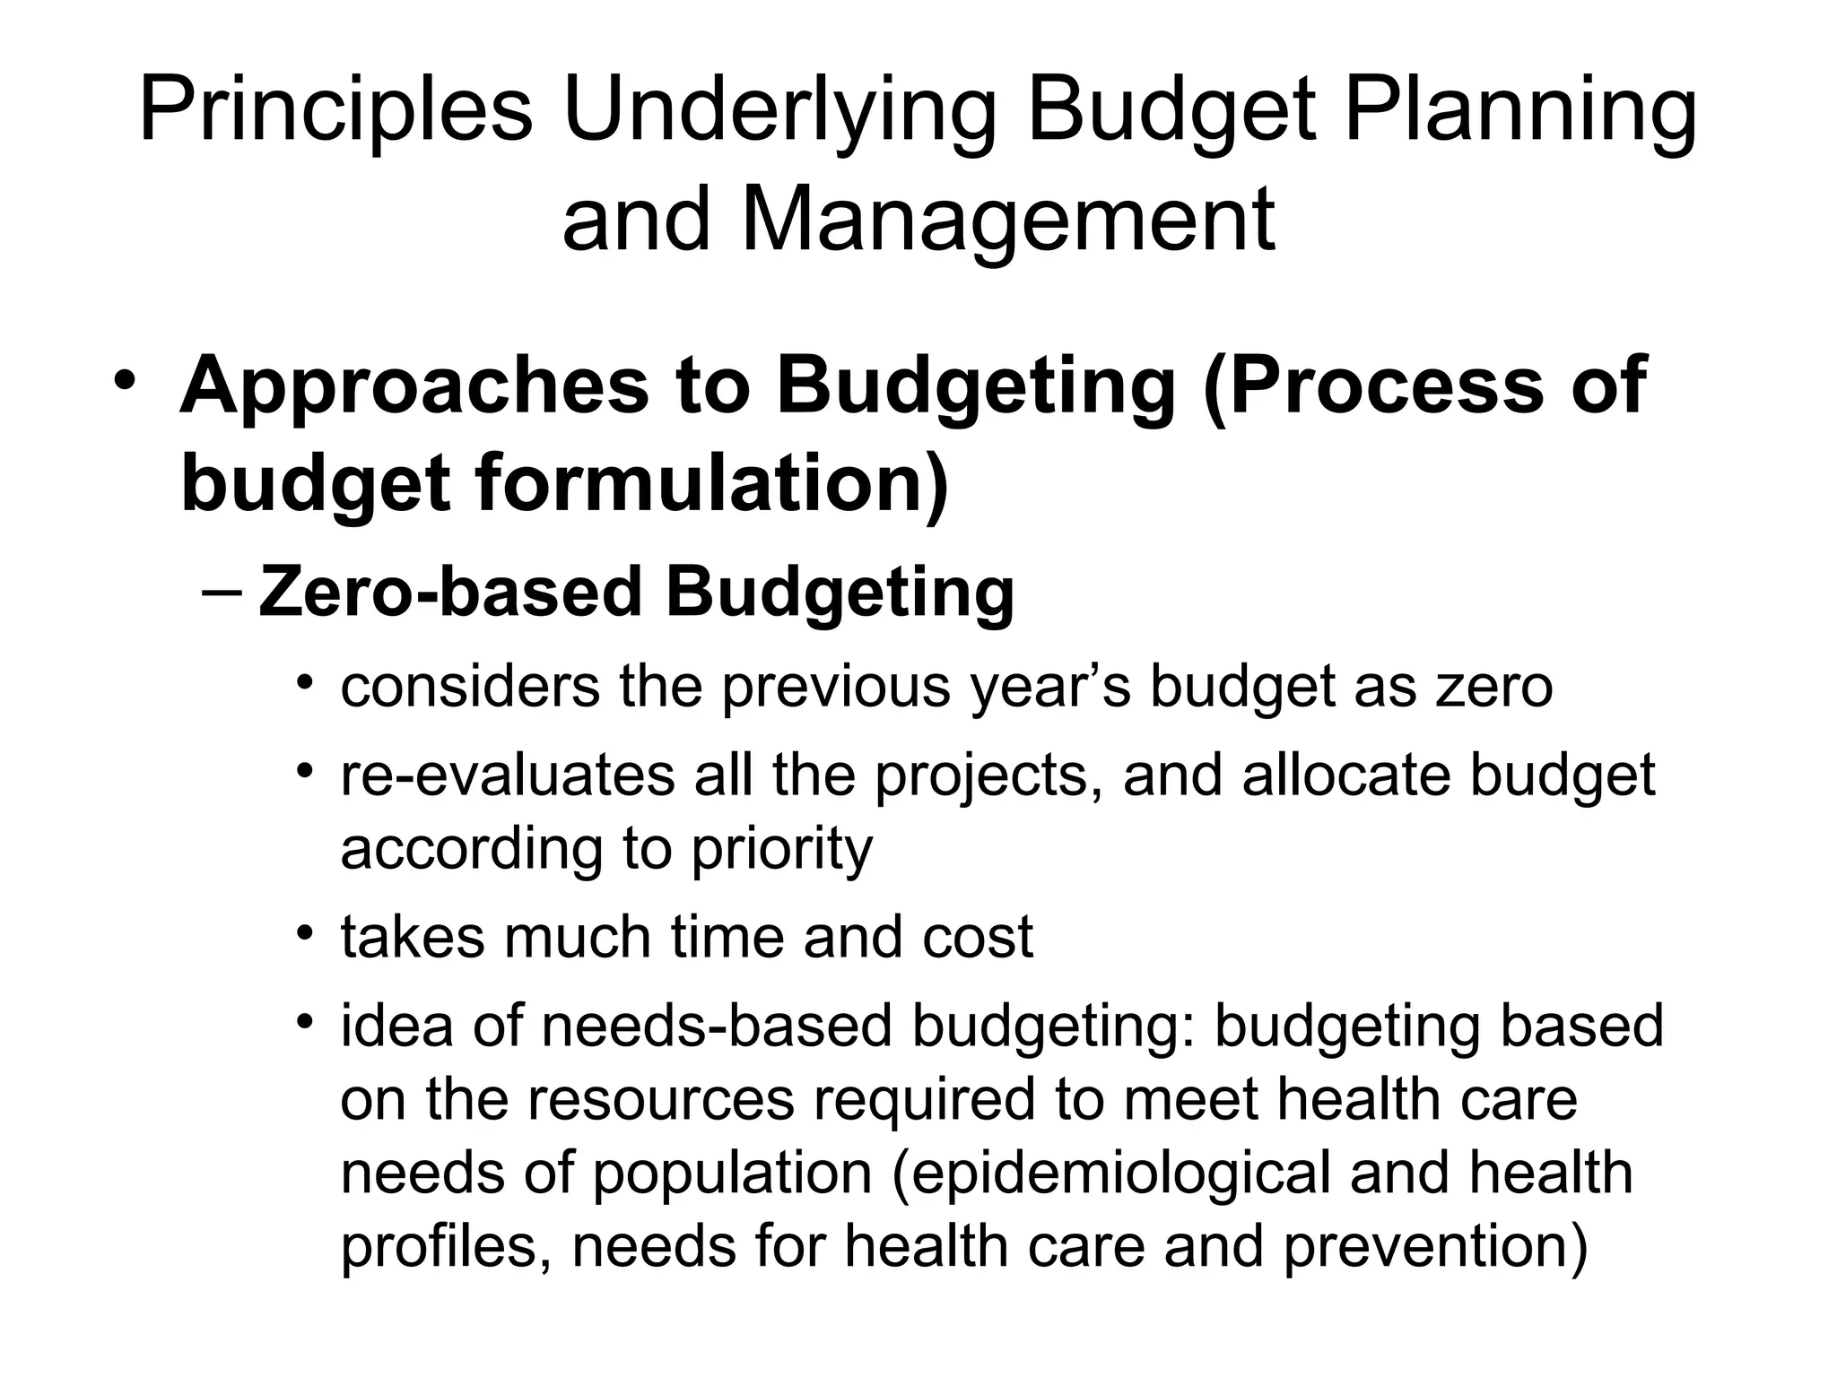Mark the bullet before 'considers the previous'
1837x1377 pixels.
point(306,685)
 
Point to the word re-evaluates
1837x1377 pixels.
point(508,775)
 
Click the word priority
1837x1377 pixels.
point(781,849)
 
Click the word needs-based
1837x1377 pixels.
point(717,1026)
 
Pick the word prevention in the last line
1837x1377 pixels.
point(1435,1247)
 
